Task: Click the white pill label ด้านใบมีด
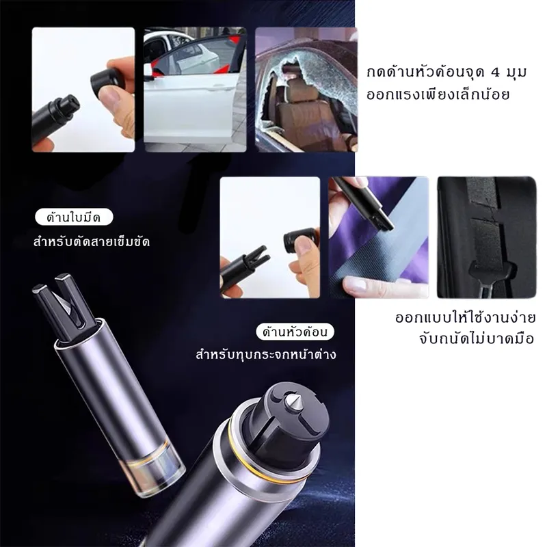click(x=74, y=217)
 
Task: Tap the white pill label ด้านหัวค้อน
click(x=295, y=332)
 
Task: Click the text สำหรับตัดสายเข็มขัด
click(x=92, y=241)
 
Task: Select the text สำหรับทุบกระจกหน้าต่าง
click(x=266, y=354)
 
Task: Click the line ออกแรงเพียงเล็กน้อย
click(x=438, y=94)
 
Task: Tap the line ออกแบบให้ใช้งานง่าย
click(x=466, y=318)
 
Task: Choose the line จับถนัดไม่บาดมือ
click(x=477, y=338)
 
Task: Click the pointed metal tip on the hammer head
click(x=293, y=402)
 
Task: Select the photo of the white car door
click(x=195, y=90)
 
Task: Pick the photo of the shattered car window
click(x=306, y=90)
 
